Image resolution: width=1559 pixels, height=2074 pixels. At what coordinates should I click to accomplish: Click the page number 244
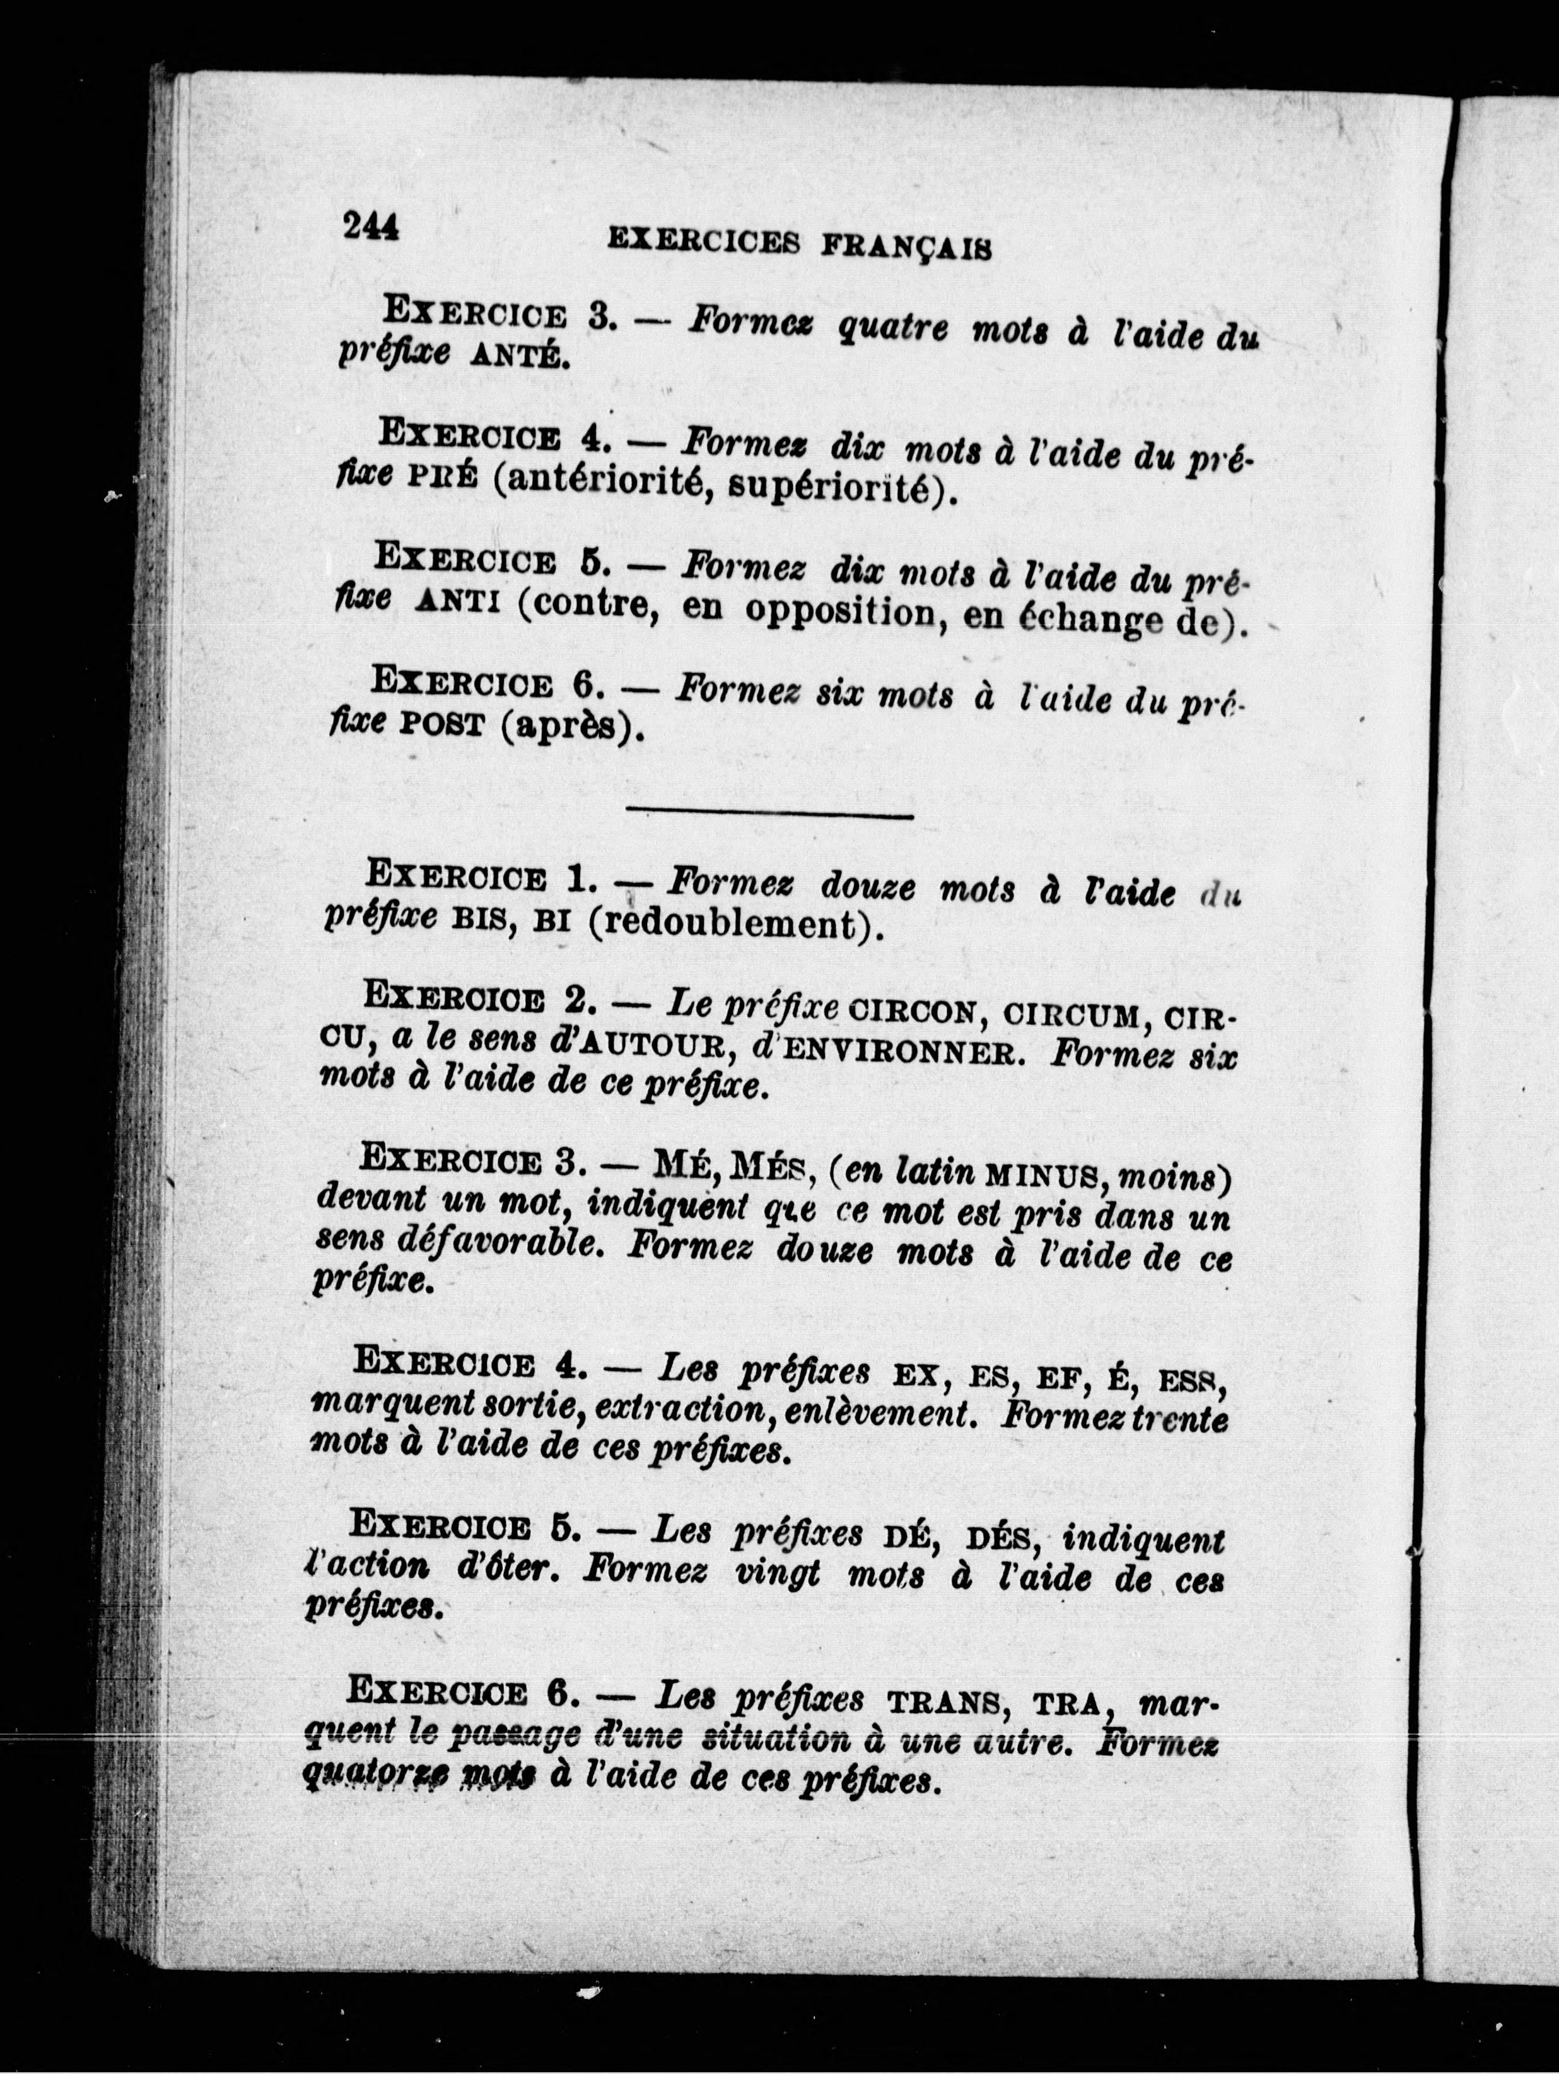pos(371,227)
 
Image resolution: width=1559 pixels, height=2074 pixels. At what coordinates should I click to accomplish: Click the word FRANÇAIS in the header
pos(906,247)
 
